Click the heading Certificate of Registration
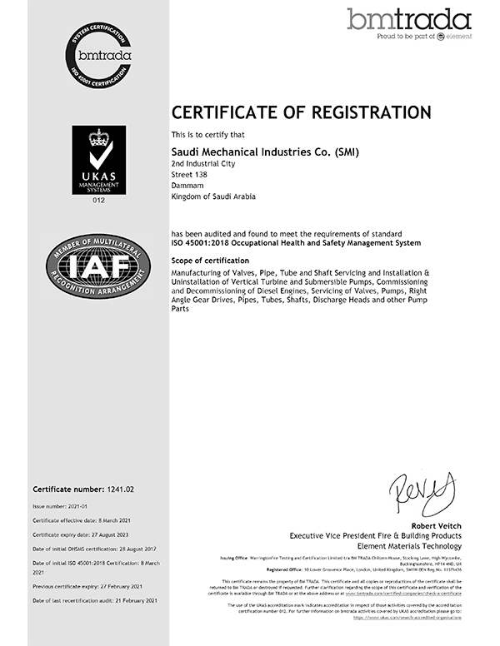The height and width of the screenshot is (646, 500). coord(301,112)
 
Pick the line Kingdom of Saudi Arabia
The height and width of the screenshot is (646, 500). coord(212,197)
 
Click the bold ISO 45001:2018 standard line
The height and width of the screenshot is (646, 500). coord(296,242)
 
